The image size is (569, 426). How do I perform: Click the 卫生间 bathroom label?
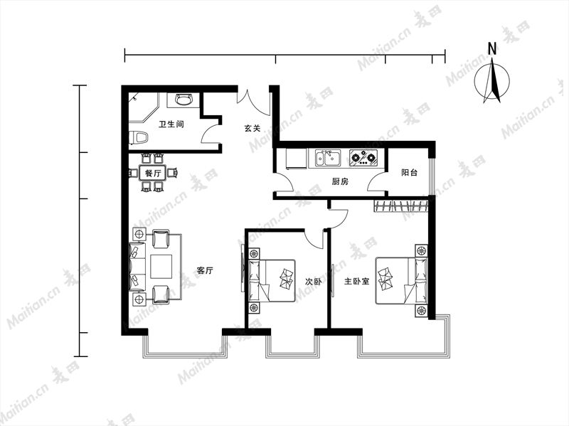tap(171, 124)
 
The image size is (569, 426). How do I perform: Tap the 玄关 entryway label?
tap(252, 128)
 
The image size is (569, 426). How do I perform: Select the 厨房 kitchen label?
tap(340, 181)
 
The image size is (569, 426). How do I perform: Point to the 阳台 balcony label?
tap(410, 173)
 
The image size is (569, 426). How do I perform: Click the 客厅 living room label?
tap(205, 270)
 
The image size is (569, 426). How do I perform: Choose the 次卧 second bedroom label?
tap(313, 282)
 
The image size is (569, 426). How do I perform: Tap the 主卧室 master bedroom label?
tap(357, 281)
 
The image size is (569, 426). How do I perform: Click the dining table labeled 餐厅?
tap(153, 173)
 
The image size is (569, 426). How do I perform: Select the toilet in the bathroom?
tap(138, 138)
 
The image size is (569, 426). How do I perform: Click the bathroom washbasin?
tap(184, 99)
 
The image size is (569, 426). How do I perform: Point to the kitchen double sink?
tap(327, 159)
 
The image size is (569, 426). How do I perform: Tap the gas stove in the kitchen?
tap(363, 158)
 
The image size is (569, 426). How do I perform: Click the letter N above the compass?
tap(492, 48)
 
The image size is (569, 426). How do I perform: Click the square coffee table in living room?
tap(161, 267)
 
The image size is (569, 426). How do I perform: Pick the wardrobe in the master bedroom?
tap(401, 206)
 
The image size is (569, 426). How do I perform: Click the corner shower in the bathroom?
tap(144, 108)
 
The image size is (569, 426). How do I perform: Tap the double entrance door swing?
tap(254, 102)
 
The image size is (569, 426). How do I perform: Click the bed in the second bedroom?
tap(272, 280)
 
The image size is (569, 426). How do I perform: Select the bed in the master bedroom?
tap(401, 280)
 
